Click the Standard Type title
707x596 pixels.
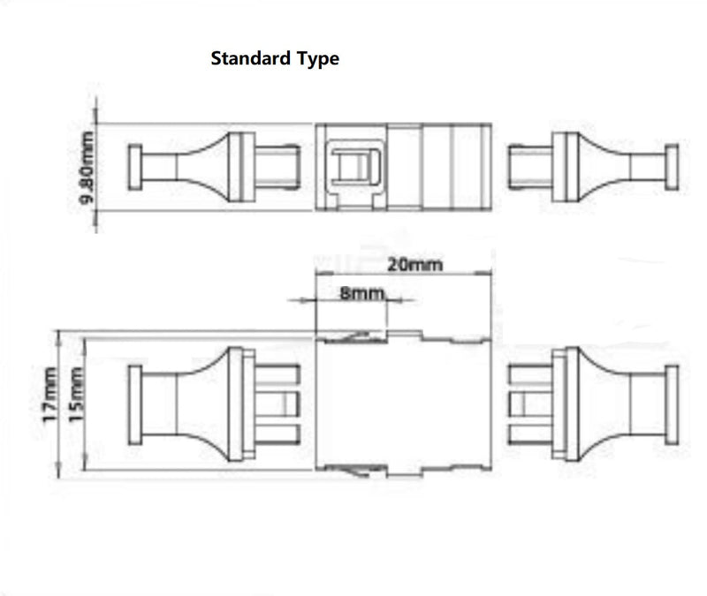point(274,60)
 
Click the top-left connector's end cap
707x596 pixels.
point(135,167)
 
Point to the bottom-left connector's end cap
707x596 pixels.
point(135,404)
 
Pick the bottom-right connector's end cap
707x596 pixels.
point(672,404)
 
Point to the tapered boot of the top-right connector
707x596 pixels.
point(617,166)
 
